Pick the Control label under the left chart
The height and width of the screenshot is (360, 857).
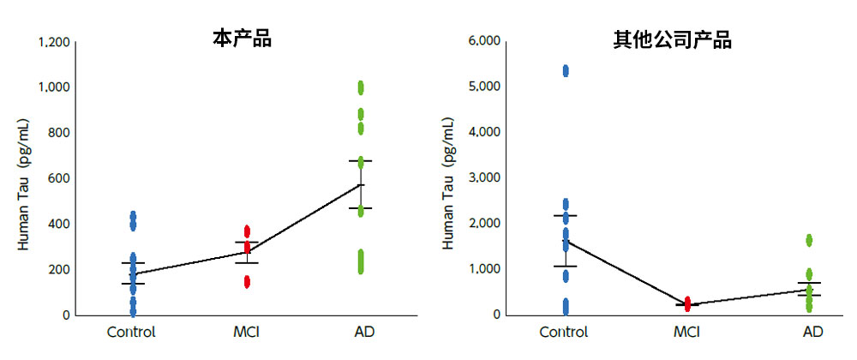[131, 332]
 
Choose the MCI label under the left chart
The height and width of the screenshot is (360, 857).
[247, 332]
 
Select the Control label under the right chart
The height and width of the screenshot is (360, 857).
[565, 332]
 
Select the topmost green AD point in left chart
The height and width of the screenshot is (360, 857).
[361, 86]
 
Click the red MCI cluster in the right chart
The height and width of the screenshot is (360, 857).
[686, 303]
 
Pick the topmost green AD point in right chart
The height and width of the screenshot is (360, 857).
[808, 240]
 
